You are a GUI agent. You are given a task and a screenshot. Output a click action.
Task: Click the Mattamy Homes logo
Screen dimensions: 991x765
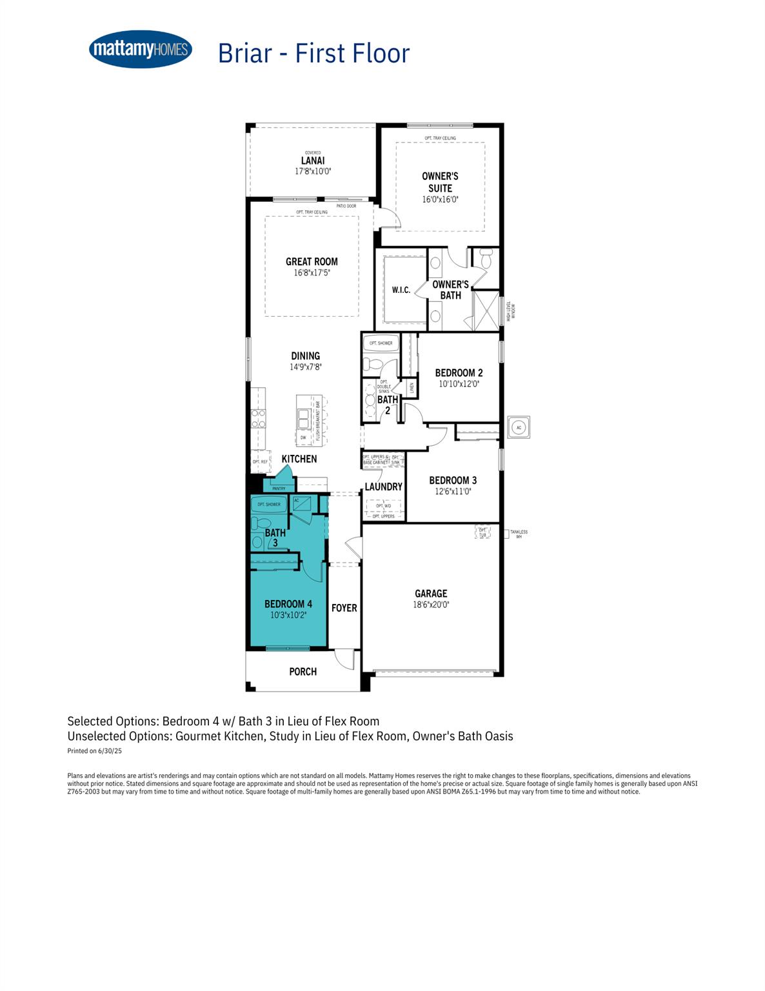click(x=140, y=49)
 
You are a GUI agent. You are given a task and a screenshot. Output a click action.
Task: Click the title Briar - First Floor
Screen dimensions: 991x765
click(x=313, y=53)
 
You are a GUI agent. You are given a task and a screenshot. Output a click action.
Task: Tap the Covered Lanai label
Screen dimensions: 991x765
click(x=313, y=161)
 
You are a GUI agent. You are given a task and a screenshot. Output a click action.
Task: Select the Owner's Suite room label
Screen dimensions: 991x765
click(x=440, y=182)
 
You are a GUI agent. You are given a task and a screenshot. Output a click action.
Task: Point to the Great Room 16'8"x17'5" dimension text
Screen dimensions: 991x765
click(x=312, y=273)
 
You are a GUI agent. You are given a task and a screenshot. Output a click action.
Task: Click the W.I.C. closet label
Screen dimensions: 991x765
click(x=401, y=290)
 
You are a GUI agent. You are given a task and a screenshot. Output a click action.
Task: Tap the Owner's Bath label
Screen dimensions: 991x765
click(x=450, y=290)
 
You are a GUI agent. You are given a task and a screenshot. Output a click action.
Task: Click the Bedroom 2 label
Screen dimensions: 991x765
click(x=459, y=373)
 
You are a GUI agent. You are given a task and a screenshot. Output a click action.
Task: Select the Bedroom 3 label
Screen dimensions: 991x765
click(x=452, y=481)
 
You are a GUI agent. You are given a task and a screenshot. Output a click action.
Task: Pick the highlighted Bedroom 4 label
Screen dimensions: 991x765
click(x=288, y=605)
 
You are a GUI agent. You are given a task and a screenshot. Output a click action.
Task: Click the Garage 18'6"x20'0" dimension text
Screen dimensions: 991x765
click(x=431, y=605)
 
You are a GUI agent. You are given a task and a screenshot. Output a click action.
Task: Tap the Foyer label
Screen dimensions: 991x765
click(x=344, y=608)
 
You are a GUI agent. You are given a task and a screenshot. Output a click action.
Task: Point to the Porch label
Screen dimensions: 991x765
click(x=303, y=672)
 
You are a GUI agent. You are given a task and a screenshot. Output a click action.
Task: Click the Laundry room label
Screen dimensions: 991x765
click(x=383, y=487)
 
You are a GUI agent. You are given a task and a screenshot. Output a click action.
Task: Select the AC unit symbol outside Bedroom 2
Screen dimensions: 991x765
click(x=519, y=426)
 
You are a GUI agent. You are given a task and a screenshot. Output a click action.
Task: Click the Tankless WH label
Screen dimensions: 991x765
click(x=519, y=534)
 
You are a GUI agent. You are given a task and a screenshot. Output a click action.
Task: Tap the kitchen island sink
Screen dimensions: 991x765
click(x=303, y=423)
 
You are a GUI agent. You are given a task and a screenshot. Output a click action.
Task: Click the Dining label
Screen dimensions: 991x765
click(x=305, y=356)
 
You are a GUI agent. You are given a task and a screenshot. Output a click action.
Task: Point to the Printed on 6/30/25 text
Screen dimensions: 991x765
click(x=94, y=751)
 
